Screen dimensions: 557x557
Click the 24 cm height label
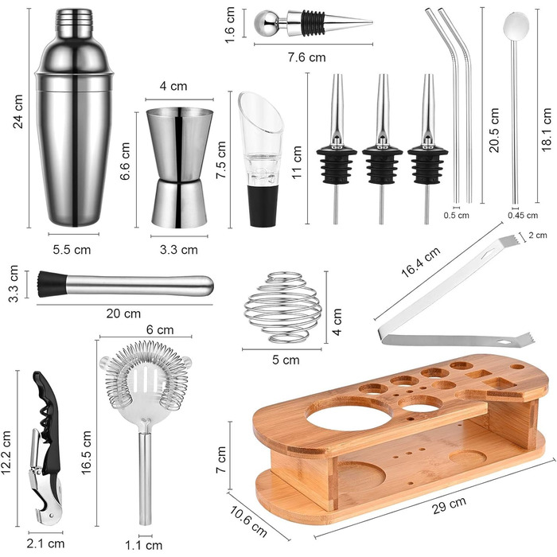pos(18,111)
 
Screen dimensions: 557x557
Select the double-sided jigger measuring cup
pos(180,168)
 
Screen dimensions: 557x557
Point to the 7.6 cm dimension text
pos(306,57)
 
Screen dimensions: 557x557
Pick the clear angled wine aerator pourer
pos(261,159)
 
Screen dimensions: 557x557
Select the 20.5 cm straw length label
pos(494,130)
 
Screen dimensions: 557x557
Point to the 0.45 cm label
pos(523,216)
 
